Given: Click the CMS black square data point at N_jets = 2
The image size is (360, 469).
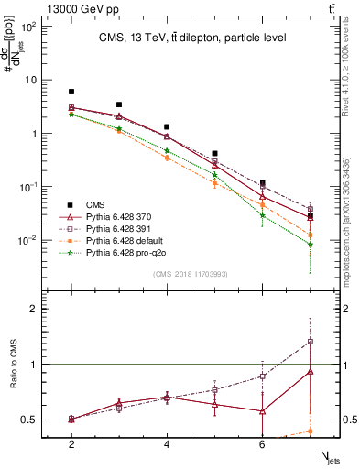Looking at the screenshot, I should point(71,92).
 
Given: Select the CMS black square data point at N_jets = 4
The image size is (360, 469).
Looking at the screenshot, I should point(167,127).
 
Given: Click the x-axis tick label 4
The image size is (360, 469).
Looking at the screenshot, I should point(167,444).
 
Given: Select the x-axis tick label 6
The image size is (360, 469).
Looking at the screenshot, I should point(262,444).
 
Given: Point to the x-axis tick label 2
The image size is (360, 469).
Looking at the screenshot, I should point(71,444).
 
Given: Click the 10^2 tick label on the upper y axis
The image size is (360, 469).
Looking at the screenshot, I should point(29,26).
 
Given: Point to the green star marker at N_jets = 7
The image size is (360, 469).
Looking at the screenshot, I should point(311,245).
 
